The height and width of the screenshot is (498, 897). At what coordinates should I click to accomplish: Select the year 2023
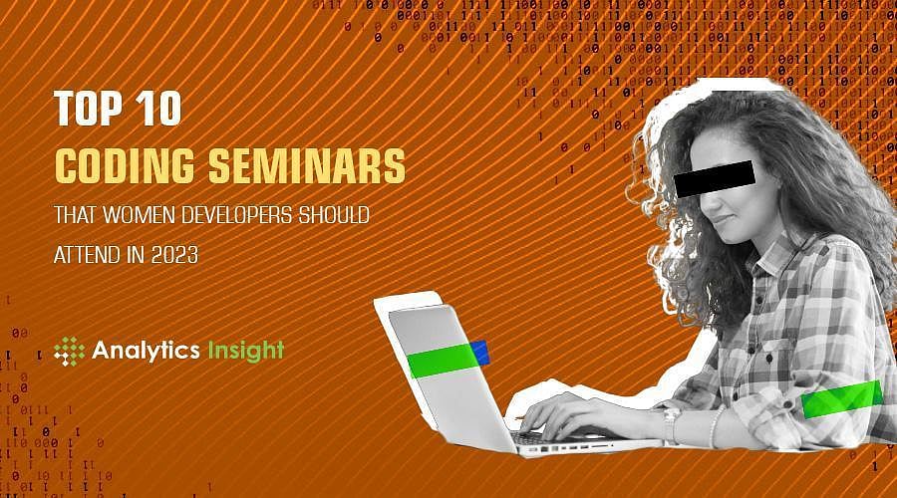(173, 255)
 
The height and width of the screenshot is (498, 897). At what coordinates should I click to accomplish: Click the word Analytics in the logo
(146, 350)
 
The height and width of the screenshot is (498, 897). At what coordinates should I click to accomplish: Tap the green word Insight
(245, 350)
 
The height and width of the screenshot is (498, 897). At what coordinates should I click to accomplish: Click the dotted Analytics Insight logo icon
(69, 351)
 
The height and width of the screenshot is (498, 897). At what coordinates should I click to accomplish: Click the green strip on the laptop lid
(441, 359)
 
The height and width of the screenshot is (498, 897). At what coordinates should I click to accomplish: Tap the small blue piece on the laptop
(479, 351)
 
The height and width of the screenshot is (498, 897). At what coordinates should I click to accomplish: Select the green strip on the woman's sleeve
(841, 399)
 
